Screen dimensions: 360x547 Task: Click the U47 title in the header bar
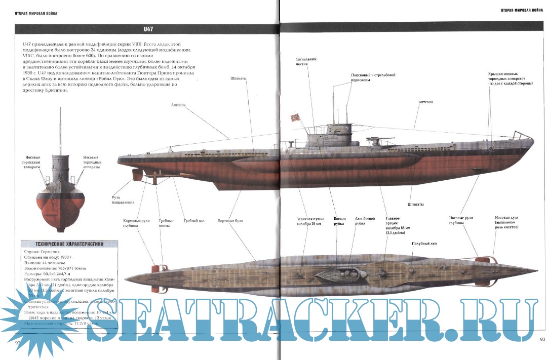click(148, 29)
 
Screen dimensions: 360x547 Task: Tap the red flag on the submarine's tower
click(295, 118)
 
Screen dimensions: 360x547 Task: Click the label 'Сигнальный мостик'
click(306, 62)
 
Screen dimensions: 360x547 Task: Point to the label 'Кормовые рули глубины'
click(135, 223)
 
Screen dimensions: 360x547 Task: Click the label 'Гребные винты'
click(166, 223)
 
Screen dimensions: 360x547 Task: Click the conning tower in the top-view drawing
click(339, 274)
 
